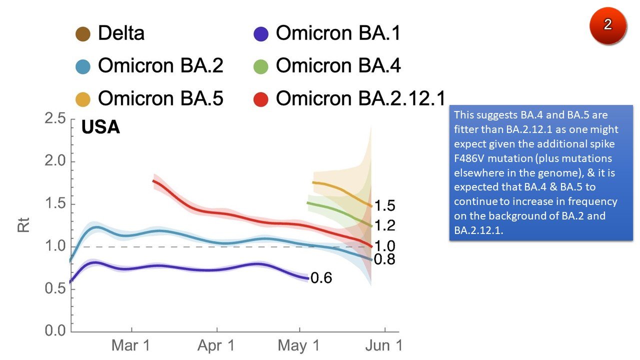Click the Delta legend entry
[x=121, y=33]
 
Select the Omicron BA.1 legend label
[x=338, y=33]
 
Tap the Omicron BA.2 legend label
[x=160, y=66]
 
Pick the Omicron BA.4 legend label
[x=338, y=66]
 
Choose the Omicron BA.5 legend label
[x=160, y=98]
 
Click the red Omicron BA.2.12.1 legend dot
[x=261, y=99]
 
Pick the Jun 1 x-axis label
[x=385, y=346]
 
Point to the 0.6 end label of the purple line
[x=321, y=278]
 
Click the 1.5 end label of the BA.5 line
[x=385, y=206]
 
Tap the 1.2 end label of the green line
[x=385, y=226]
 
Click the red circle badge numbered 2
[x=607, y=25]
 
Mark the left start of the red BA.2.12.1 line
[x=153, y=181]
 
